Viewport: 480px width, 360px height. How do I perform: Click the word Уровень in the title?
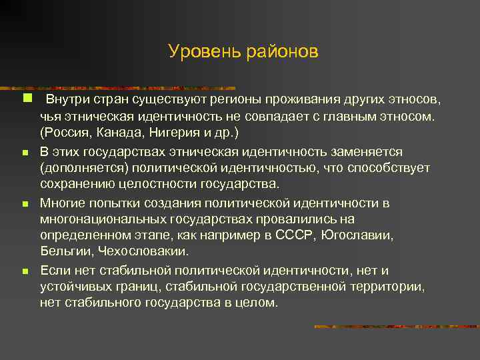(198, 51)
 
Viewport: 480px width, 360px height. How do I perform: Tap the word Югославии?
(357, 235)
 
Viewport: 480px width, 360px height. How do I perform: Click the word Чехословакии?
(143, 251)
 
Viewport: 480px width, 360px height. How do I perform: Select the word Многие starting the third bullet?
(62, 203)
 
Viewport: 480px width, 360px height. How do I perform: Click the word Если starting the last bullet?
(54, 270)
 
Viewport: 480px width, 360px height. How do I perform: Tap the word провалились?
(299, 219)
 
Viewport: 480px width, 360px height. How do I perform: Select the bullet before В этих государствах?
(24, 153)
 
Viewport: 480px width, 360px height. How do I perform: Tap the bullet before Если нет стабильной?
(24, 272)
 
